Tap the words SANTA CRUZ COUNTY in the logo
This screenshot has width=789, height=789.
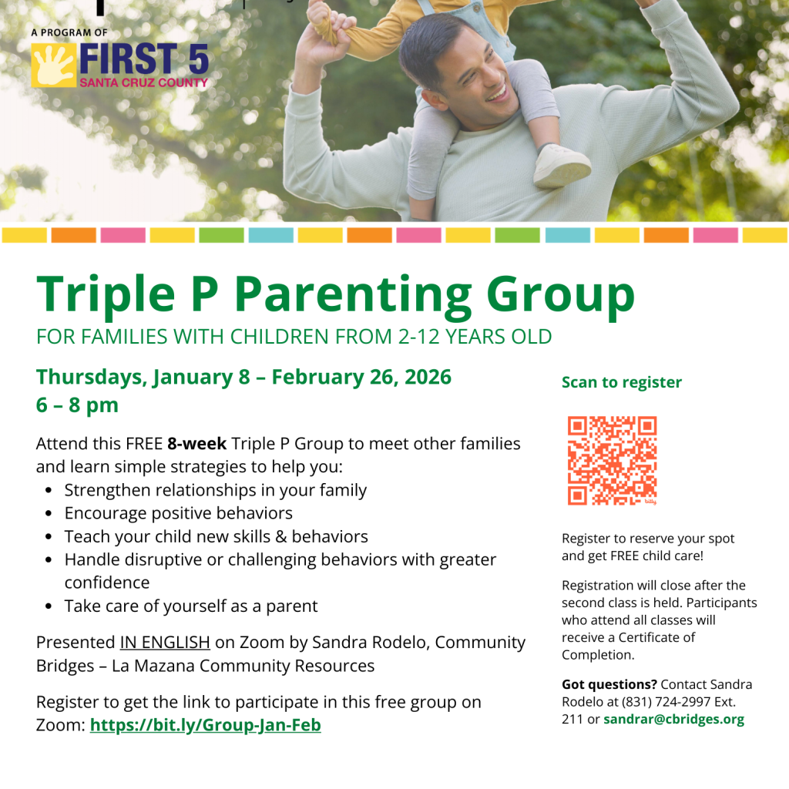coord(143,82)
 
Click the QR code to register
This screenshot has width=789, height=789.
coord(612,461)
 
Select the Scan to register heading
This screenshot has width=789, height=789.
coord(621,382)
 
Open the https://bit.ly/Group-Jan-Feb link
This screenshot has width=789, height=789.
coord(205,725)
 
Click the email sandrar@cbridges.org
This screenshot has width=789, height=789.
coord(673,720)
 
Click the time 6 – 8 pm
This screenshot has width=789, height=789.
coord(77,405)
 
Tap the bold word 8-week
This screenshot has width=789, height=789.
coord(196,444)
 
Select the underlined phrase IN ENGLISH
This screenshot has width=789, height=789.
coord(165,643)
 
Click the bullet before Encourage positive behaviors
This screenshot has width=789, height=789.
coord(49,514)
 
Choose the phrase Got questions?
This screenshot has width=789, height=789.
coord(609,684)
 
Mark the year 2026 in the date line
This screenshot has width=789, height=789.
coord(424,377)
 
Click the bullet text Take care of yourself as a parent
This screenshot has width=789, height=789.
coord(190,606)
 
